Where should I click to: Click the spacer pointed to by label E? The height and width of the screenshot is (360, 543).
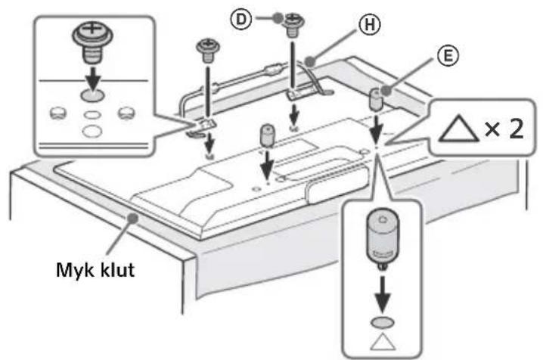[374, 98]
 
